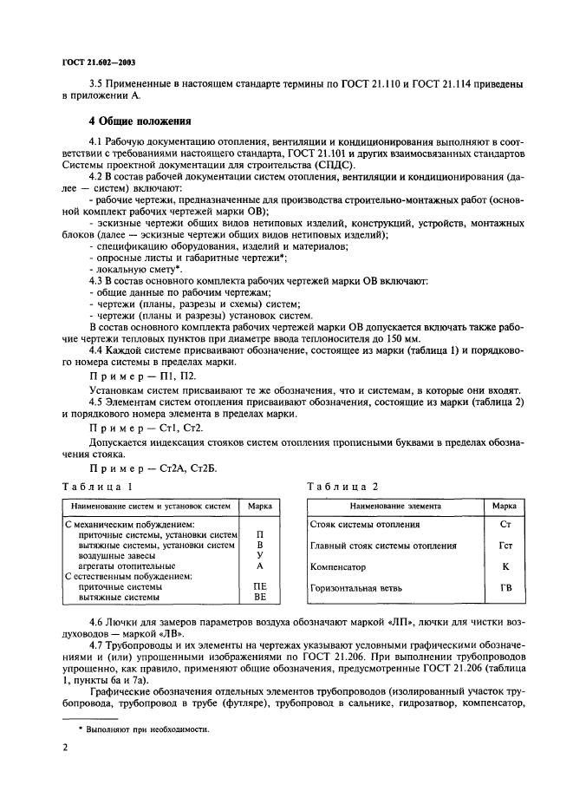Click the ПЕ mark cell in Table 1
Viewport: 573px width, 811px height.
(260, 586)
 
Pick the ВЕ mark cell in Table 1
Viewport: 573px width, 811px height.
(260, 598)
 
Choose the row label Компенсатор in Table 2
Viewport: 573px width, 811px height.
(338, 566)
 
